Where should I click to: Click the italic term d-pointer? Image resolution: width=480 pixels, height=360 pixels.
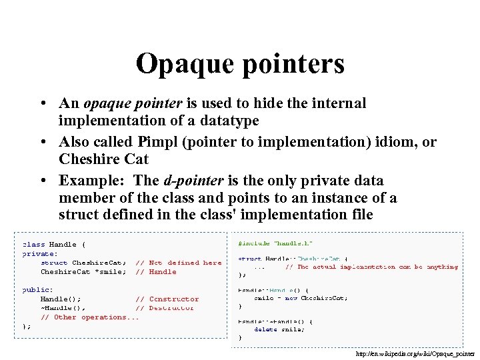[194, 181]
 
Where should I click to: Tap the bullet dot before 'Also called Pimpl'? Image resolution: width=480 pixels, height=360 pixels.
[42, 142]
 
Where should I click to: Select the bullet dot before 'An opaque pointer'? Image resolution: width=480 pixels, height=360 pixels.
[42, 103]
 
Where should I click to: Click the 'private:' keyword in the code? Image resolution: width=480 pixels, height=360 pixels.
[40, 253]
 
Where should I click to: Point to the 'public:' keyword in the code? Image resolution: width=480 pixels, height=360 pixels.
[38, 290]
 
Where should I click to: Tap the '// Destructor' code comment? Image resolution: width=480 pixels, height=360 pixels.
[165, 308]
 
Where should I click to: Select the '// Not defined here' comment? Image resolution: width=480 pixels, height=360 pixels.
[178, 263]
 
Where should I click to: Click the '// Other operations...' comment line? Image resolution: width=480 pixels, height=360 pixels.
[90, 317]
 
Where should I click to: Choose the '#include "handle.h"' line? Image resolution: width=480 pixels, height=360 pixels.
[275, 243]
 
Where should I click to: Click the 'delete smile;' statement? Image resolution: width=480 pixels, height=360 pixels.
[279, 329]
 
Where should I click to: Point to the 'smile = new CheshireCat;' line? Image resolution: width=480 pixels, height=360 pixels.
[301, 298]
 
